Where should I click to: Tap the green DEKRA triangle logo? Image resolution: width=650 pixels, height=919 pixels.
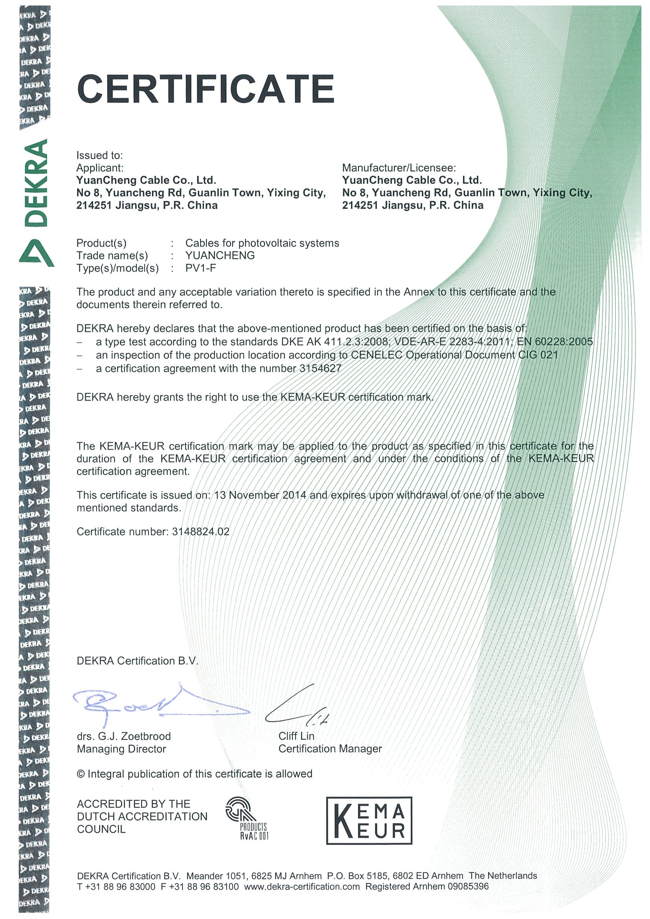[x=37, y=253]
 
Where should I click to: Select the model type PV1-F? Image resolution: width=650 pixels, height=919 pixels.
[x=200, y=268]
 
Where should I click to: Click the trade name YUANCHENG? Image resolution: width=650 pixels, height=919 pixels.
[x=220, y=255]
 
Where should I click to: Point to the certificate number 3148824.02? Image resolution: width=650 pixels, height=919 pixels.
[x=201, y=531]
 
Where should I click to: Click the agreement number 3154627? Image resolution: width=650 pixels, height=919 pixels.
[x=320, y=368]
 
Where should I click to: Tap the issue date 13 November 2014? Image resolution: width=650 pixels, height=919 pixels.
[x=260, y=495]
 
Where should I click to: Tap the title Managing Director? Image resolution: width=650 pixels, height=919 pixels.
[x=121, y=749]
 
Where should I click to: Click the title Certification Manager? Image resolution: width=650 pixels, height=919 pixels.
[x=330, y=749]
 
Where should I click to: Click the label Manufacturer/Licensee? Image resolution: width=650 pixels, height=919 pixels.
[x=399, y=168]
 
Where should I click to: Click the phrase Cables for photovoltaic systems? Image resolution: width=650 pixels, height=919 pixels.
[x=262, y=243]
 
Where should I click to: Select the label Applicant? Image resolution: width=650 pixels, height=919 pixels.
[x=100, y=168]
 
